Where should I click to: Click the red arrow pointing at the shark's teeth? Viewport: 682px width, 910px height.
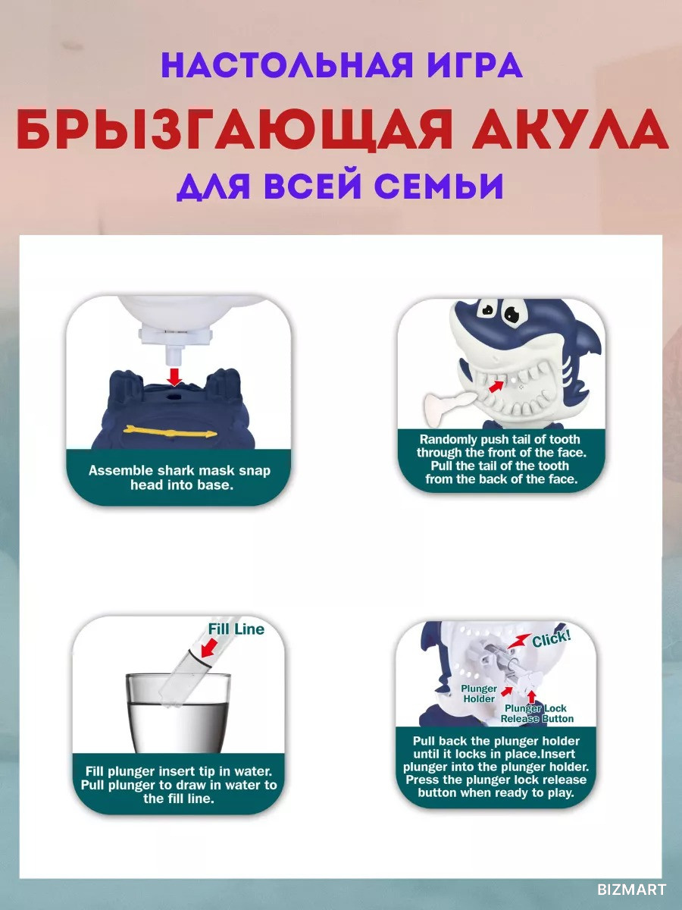coord(497,385)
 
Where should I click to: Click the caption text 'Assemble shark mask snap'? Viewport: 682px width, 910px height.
coord(180,471)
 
